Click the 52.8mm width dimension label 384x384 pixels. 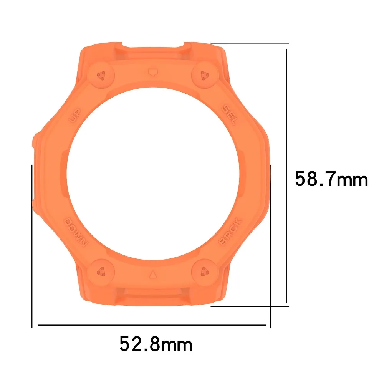pyautogui.click(x=156, y=344)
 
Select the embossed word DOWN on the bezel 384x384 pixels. pyautogui.click(x=76, y=232)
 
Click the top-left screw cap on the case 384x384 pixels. pyautogui.click(x=102, y=75)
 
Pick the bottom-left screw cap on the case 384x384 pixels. pyautogui.click(x=102, y=271)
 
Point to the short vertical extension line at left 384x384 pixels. pyautogui.click(x=32, y=246)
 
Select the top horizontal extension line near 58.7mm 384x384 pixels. pyautogui.click(x=250, y=43)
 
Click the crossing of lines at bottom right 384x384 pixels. pyautogui.click(x=271, y=306)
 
